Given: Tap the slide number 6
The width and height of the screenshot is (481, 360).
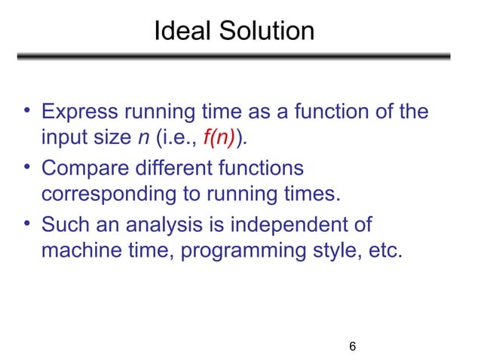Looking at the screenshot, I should coord(353,346).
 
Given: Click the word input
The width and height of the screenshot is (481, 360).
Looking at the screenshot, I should coord(66,140).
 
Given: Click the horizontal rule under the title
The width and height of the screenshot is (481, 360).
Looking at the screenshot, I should coord(233,56).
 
